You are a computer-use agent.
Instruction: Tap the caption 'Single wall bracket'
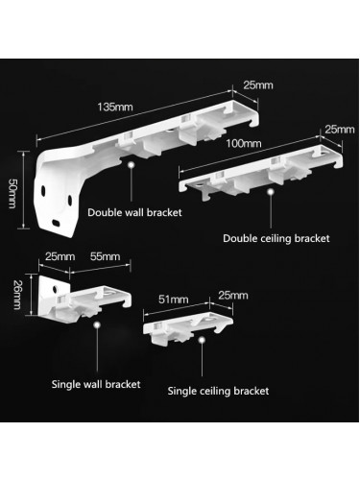96,384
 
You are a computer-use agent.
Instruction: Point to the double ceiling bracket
259,173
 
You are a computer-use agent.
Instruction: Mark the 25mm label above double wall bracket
256,85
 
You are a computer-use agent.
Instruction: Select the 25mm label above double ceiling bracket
339,128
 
